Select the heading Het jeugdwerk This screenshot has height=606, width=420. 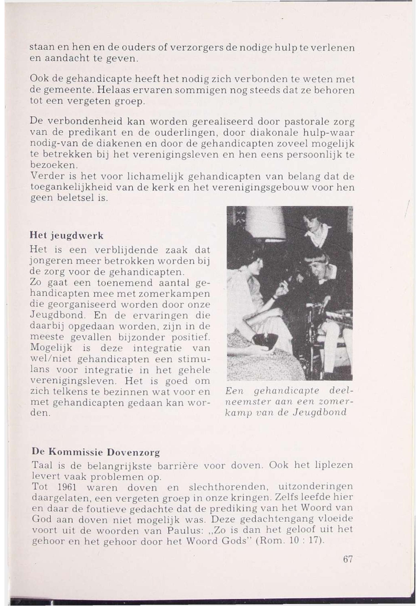[66, 235]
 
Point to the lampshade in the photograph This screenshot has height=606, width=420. [266, 224]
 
